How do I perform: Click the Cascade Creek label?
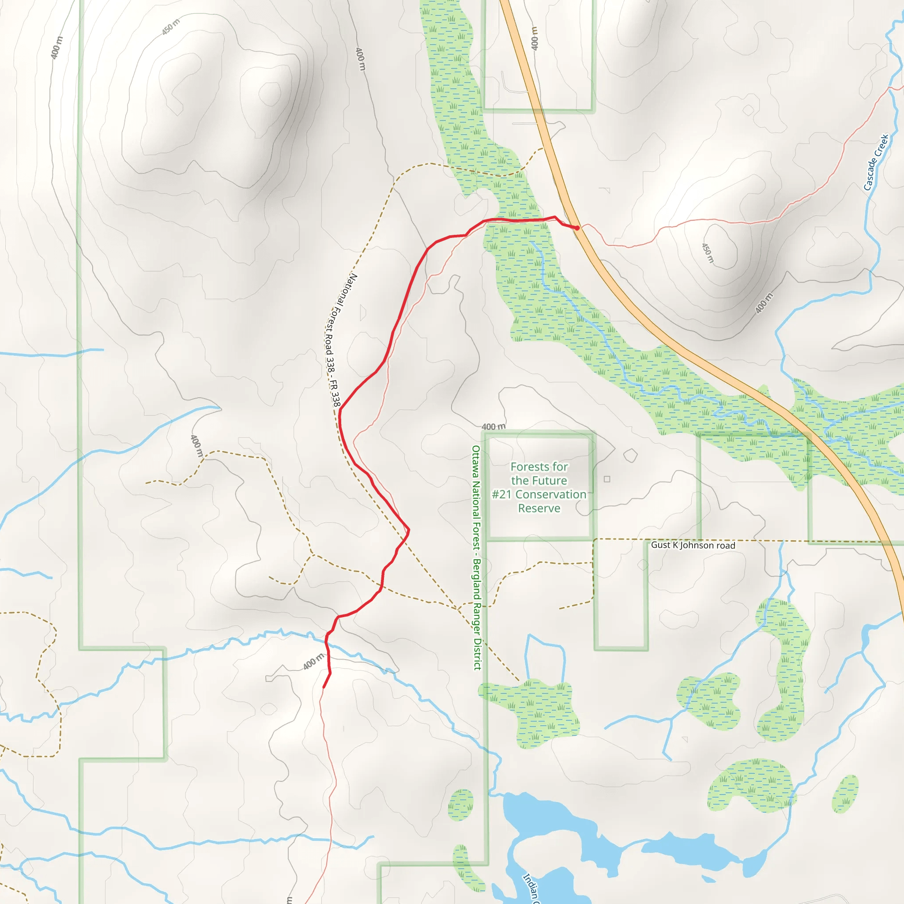pyautogui.click(x=875, y=162)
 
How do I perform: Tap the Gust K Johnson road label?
pyautogui.click(x=693, y=545)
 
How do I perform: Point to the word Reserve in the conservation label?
pyautogui.click(x=539, y=508)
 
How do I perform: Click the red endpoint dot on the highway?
pyautogui.click(x=577, y=228)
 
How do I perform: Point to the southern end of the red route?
pyautogui.click(x=324, y=687)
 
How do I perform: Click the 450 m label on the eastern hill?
pyautogui.click(x=708, y=252)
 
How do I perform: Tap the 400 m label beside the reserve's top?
pyautogui.click(x=493, y=427)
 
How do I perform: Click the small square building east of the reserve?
pyautogui.click(x=607, y=479)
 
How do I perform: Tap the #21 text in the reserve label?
pyautogui.click(x=502, y=494)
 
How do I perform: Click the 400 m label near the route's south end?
pyautogui.click(x=313, y=662)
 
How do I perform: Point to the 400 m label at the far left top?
pyautogui.click(x=56, y=48)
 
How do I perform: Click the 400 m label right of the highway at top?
pyautogui.click(x=535, y=38)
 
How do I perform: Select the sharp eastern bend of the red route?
pyautogui.click(x=408, y=530)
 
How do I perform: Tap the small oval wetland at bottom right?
pyautogui.click(x=845, y=794)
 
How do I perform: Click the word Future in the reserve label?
pyautogui.click(x=552, y=481)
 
